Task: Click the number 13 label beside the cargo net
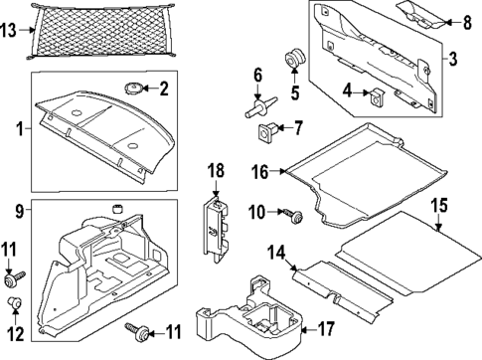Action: (9, 31)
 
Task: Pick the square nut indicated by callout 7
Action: (268, 128)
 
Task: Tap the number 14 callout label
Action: (278, 251)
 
